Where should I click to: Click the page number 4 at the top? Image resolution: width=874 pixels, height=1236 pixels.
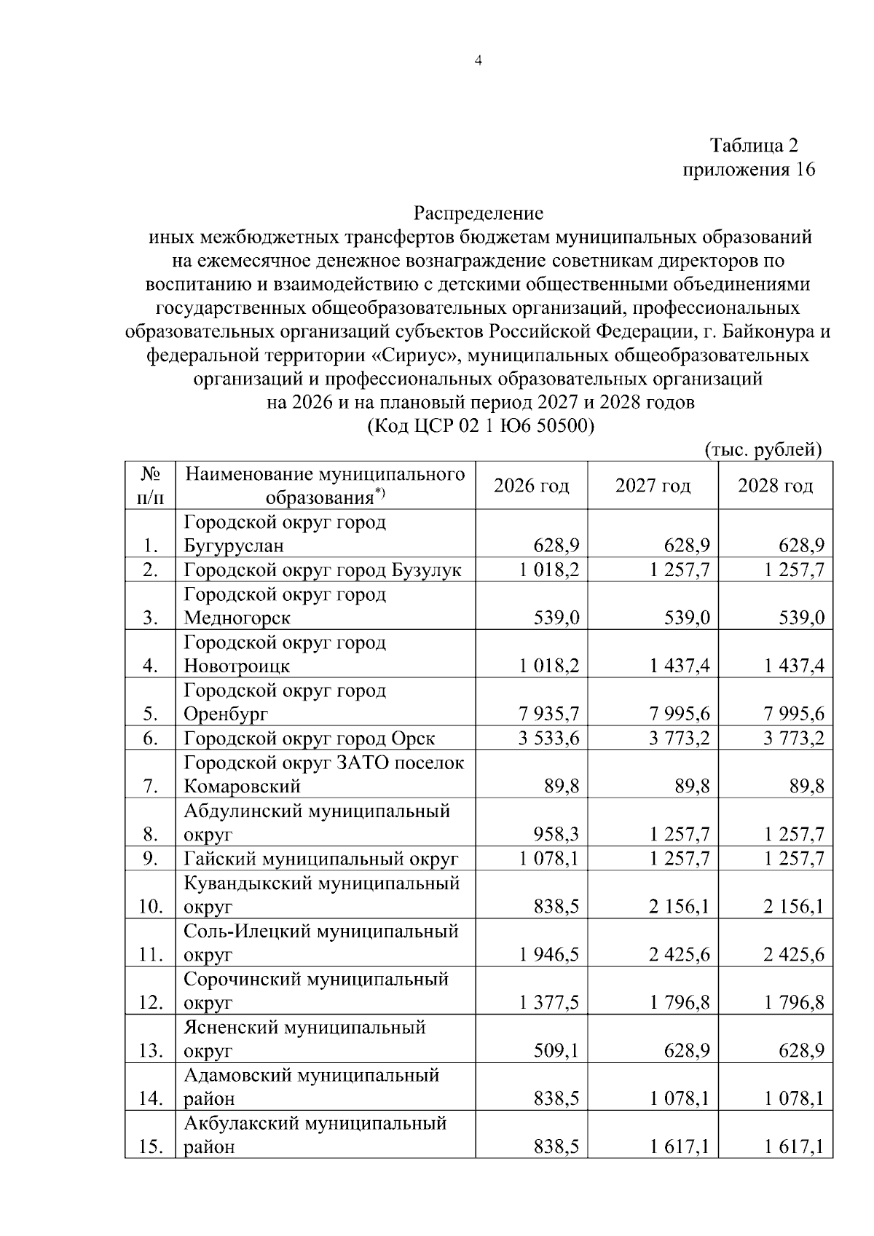(x=478, y=61)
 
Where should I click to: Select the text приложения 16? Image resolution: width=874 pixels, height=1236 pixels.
(x=748, y=170)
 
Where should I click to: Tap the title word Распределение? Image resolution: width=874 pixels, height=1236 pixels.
(x=479, y=213)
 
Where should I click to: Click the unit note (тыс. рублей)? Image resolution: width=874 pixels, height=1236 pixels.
(x=763, y=450)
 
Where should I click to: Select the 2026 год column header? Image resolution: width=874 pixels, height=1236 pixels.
(x=531, y=486)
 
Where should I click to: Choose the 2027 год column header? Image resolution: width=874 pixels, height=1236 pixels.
(x=653, y=486)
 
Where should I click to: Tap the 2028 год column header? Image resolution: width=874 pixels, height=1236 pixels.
(x=775, y=486)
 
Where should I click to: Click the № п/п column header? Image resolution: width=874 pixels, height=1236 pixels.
(x=150, y=486)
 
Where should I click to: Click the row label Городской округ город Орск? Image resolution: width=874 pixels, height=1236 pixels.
(x=309, y=739)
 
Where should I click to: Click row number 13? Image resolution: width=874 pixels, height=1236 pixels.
(x=150, y=1051)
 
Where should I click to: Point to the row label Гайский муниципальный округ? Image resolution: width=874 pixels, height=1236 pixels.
(x=320, y=859)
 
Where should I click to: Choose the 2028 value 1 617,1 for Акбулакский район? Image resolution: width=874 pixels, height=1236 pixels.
(x=794, y=1147)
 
